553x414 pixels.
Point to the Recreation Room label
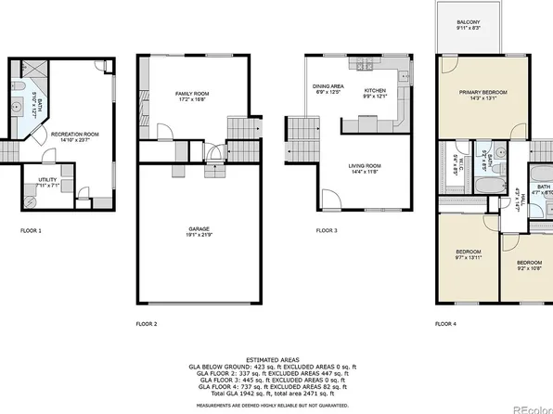[75, 135]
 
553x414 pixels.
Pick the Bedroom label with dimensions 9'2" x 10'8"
[528, 265]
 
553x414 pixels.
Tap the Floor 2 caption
[147, 324]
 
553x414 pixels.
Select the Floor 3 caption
[327, 229]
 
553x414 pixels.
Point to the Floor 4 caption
[446, 324]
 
